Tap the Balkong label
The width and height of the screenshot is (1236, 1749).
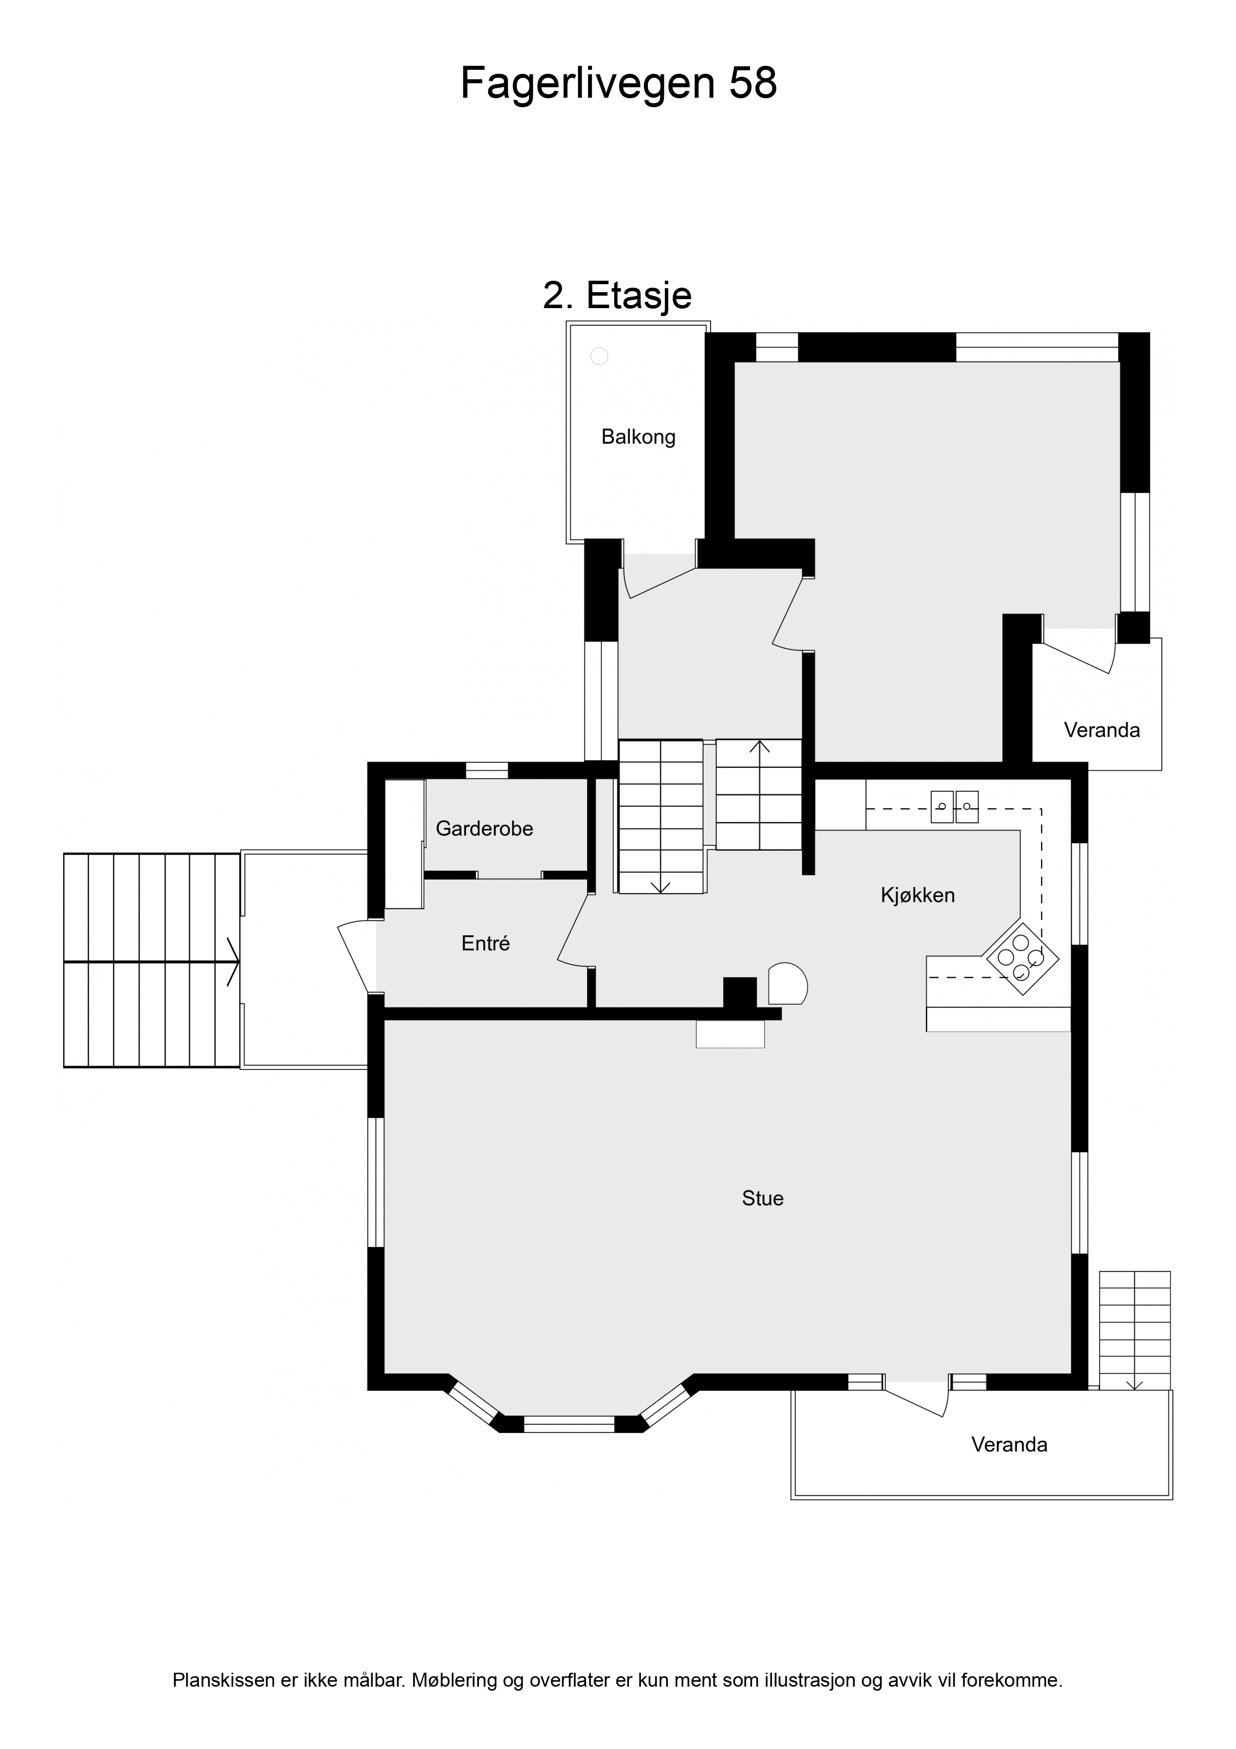(638, 437)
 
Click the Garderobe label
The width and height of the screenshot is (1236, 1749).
(484, 829)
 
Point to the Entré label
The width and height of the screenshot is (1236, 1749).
(485, 943)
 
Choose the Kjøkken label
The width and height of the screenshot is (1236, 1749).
(918, 895)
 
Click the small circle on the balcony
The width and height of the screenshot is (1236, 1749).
(600, 356)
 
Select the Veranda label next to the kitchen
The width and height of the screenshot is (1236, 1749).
(1101, 730)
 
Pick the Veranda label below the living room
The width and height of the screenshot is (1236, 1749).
(1009, 1445)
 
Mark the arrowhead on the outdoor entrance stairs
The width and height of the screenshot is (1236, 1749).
(234, 962)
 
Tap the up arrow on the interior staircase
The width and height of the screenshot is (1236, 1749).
(759, 746)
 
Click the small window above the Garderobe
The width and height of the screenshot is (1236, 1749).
(486, 770)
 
